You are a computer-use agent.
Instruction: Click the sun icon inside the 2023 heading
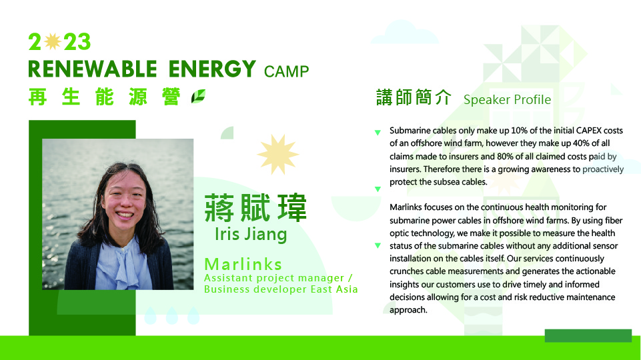pos(53,41)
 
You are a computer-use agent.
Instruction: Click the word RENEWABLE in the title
pos(93,69)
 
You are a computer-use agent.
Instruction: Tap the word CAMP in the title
pos(286,71)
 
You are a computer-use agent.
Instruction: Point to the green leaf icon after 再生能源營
pos(199,97)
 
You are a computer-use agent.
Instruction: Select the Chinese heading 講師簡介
pos(414,97)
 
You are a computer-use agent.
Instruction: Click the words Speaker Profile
pos(507,99)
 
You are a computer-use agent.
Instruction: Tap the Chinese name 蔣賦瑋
pos(255,208)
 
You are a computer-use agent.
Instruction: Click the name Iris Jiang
pos(251,234)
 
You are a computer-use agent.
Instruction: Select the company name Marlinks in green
pos(243,265)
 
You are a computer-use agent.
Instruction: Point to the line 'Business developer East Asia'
pos(281,289)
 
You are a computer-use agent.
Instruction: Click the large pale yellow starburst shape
pos(278,155)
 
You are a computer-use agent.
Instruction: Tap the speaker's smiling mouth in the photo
pos(125,215)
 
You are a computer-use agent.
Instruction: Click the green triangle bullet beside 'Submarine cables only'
pos(378,133)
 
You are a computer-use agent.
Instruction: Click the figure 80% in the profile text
pos(505,156)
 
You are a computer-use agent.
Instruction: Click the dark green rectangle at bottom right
pos(588,335)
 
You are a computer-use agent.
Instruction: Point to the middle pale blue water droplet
pos(172,315)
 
